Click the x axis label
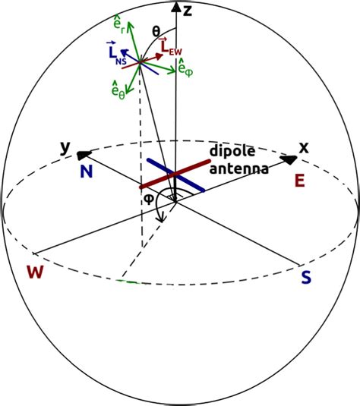click(304, 147)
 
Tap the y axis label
click(65, 146)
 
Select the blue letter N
click(86, 172)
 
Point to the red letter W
click(33, 271)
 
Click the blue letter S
click(306, 278)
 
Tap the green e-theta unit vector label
click(118, 90)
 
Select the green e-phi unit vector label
click(185, 70)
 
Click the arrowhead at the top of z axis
click(177, 8)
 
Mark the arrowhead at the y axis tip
click(82, 154)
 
